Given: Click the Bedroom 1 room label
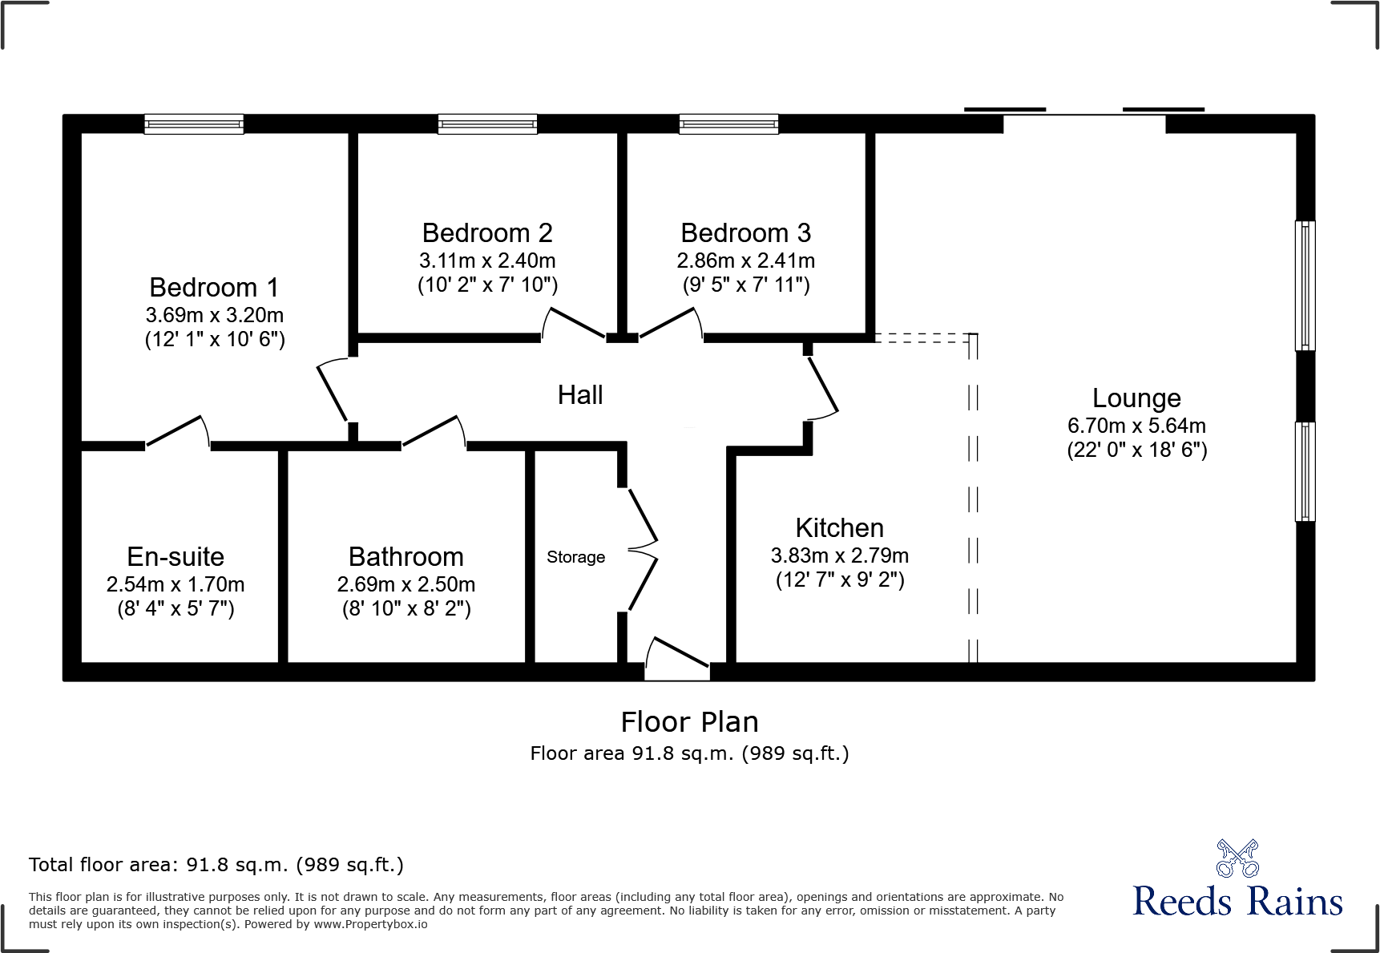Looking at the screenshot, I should click(214, 288).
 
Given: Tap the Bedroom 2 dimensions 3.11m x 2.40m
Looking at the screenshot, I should click(487, 260).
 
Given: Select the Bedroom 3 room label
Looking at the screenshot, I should click(745, 233).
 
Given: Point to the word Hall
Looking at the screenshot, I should click(580, 395).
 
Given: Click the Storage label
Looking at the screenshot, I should click(575, 557).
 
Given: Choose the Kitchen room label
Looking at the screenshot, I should click(839, 528).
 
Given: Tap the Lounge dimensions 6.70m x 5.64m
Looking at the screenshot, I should click(1136, 426).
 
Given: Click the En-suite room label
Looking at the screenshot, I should click(176, 557).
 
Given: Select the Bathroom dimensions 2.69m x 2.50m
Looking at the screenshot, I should click(406, 584).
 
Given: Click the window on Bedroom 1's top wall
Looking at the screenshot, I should click(194, 124).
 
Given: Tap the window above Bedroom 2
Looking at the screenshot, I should click(487, 124).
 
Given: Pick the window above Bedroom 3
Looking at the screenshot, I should click(728, 124).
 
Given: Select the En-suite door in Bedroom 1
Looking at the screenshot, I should click(178, 433).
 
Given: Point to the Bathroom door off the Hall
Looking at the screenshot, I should click(434, 433).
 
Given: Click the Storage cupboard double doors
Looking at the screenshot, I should click(642, 550).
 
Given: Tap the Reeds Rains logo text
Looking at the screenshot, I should click(1237, 902).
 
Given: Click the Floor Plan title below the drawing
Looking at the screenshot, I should click(689, 722).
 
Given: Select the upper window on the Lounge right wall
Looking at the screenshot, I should click(1305, 285).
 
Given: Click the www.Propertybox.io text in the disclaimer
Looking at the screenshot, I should click(370, 924).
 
